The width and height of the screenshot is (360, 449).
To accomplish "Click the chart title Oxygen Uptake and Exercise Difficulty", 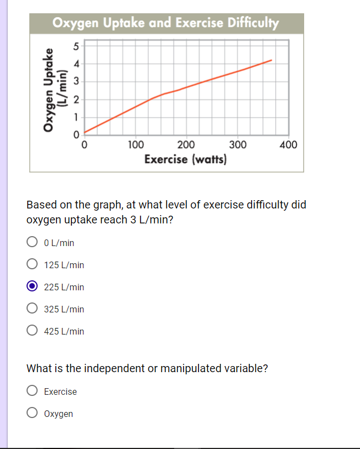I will pyautogui.click(x=166, y=23).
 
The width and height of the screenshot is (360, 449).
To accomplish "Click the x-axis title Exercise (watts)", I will pyautogui.click(x=186, y=160).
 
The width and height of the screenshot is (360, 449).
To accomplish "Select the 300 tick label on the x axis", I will pyautogui.click(x=238, y=145).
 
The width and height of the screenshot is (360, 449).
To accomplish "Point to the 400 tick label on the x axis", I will pyautogui.click(x=289, y=145).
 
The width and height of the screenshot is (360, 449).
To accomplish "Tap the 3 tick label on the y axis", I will pyautogui.click(x=77, y=81).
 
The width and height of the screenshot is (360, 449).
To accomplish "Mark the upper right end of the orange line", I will pyautogui.click(x=272, y=60).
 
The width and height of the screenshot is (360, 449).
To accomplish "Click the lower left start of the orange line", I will pyautogui.click(x=85, y=132).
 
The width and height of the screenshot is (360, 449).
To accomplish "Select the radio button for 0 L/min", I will pyautogui.click(x=33, y=242).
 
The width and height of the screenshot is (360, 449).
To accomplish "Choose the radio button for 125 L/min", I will pyautogui.click(x=33, y=264).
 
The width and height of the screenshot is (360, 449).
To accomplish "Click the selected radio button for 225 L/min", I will pyautogui.click(x=33, y=286).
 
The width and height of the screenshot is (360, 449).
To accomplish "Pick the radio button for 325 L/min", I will pyautogui.click(x=33, y=309).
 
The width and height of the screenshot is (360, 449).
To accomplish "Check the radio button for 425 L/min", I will pyautogui.click(x=33, y=331).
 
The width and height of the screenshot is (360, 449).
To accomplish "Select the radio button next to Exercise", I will pyautogui.click(x=33, y=391).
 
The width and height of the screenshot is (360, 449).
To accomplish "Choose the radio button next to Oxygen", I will pyautogui.click(x=33, y=414).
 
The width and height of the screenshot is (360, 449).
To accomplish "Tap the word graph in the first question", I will pyautogui.click(x=108, y=205).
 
